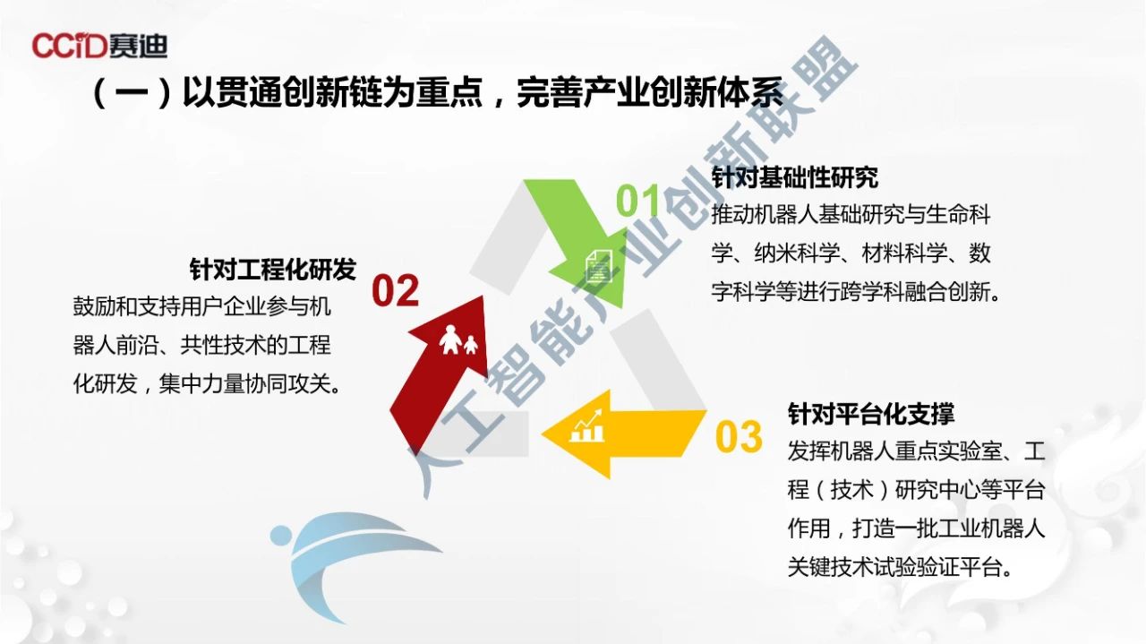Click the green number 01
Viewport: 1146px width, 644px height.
pos(637,201)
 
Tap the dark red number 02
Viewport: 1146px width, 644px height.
pos(395,290)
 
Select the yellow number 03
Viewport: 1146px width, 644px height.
pos(739,436)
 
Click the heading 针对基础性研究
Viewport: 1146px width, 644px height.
pos(795,177)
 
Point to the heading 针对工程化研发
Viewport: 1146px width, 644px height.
pos(273,269)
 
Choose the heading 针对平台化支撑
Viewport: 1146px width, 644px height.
pos(871,414)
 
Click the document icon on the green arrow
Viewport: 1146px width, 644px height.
pos(599,265)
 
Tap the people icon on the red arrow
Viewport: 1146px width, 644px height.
pos(458,340)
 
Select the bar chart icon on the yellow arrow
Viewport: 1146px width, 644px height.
pos(587,426)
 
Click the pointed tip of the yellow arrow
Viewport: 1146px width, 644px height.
pos(543,434)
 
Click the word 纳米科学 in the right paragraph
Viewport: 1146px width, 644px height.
pos(797,253)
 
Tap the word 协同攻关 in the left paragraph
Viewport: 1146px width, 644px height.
pos(288,383)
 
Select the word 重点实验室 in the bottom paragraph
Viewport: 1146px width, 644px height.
pos(948,451)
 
